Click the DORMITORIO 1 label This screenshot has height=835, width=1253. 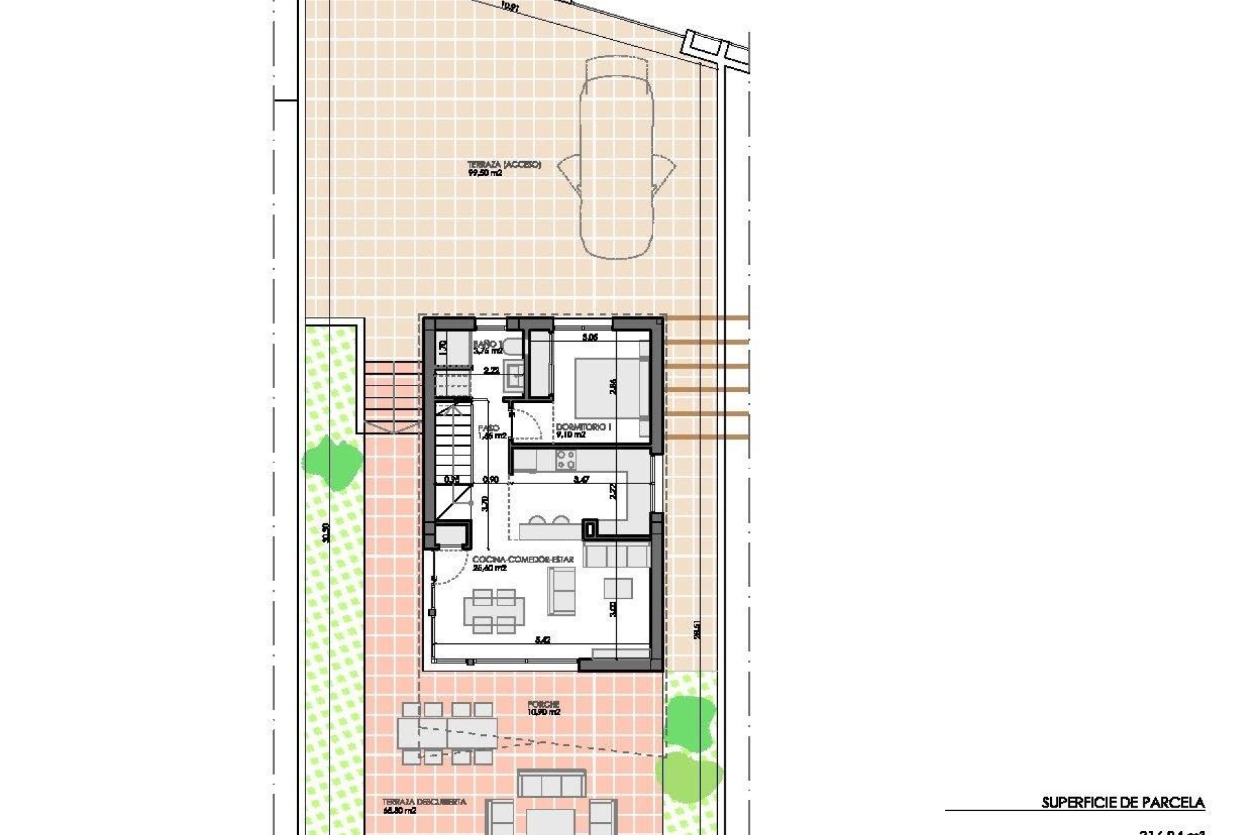tap(575, 431)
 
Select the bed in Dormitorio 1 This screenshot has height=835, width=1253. tap(611, 390)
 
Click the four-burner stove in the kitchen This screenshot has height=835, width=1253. tap(565, 460)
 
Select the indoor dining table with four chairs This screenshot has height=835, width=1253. tap(494, 611)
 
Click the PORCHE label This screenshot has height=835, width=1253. tap(544, 708)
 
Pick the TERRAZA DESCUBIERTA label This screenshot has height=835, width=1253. tap(424, 806)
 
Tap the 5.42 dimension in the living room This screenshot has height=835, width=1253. tap(543, 641)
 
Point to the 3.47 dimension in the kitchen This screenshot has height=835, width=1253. tap(580, 479)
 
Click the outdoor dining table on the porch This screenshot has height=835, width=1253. tap(448, 732)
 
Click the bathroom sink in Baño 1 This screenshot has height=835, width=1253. tap(514, 376)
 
